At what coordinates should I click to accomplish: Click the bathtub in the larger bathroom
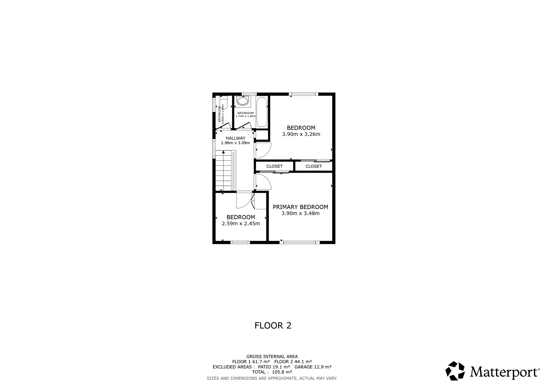[x=262, y=112]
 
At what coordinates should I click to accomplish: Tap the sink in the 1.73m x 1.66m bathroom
[x=242, y=101]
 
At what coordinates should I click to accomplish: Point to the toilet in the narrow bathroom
[x=224, y=103]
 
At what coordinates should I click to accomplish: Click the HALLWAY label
[x=235, y=138]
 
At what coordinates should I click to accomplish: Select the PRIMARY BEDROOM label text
[x=300, y=207]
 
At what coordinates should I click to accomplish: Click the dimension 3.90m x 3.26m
[x=301, y=134]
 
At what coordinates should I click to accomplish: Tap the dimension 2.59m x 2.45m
[x=241, y=223]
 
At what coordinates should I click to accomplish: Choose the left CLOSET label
[x=274, y=166]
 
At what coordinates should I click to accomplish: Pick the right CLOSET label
[x=314, y=166]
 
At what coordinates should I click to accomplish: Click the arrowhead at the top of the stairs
[x=223, y=152]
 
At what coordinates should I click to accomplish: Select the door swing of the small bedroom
[x=244, y=200]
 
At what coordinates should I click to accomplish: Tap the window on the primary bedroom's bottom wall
[x=299, y=242]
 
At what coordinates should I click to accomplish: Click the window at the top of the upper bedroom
[x=303, y=94]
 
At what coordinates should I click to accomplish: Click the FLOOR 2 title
[x=273, y=325]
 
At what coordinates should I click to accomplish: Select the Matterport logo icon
[x=455, y=371]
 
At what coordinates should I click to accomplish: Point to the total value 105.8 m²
[x=282, y=372]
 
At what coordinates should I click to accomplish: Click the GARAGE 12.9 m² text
[x=313, y=367]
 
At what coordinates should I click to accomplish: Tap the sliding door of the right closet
[x=315, y=161]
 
